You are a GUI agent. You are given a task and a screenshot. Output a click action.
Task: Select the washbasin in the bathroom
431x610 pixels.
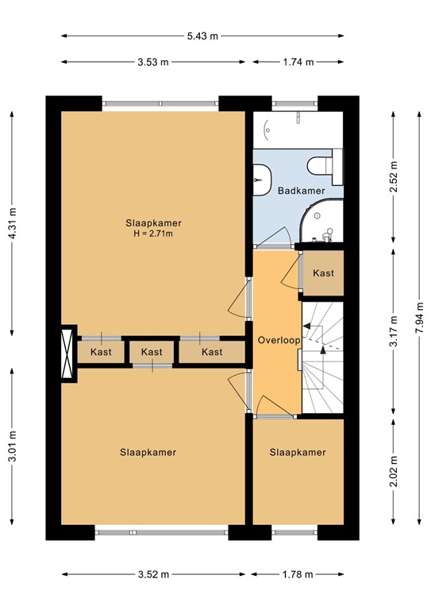pyautogui.click(x=262, y=177)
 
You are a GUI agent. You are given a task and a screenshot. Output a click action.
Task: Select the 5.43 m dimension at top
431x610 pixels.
pyautogui.click(x=202, y=36)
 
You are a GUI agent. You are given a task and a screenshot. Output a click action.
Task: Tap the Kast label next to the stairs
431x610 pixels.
pyautogui.click(x=323, y=273)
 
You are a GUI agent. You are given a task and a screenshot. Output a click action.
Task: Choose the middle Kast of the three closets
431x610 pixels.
pyautogui.click(x=152, y=352)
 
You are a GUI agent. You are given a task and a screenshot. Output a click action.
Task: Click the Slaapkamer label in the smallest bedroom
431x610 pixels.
pyautogui.click(x=298, y=453)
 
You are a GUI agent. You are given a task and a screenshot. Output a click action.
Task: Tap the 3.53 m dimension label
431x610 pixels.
pyautogui.click(x=153, y=61)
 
